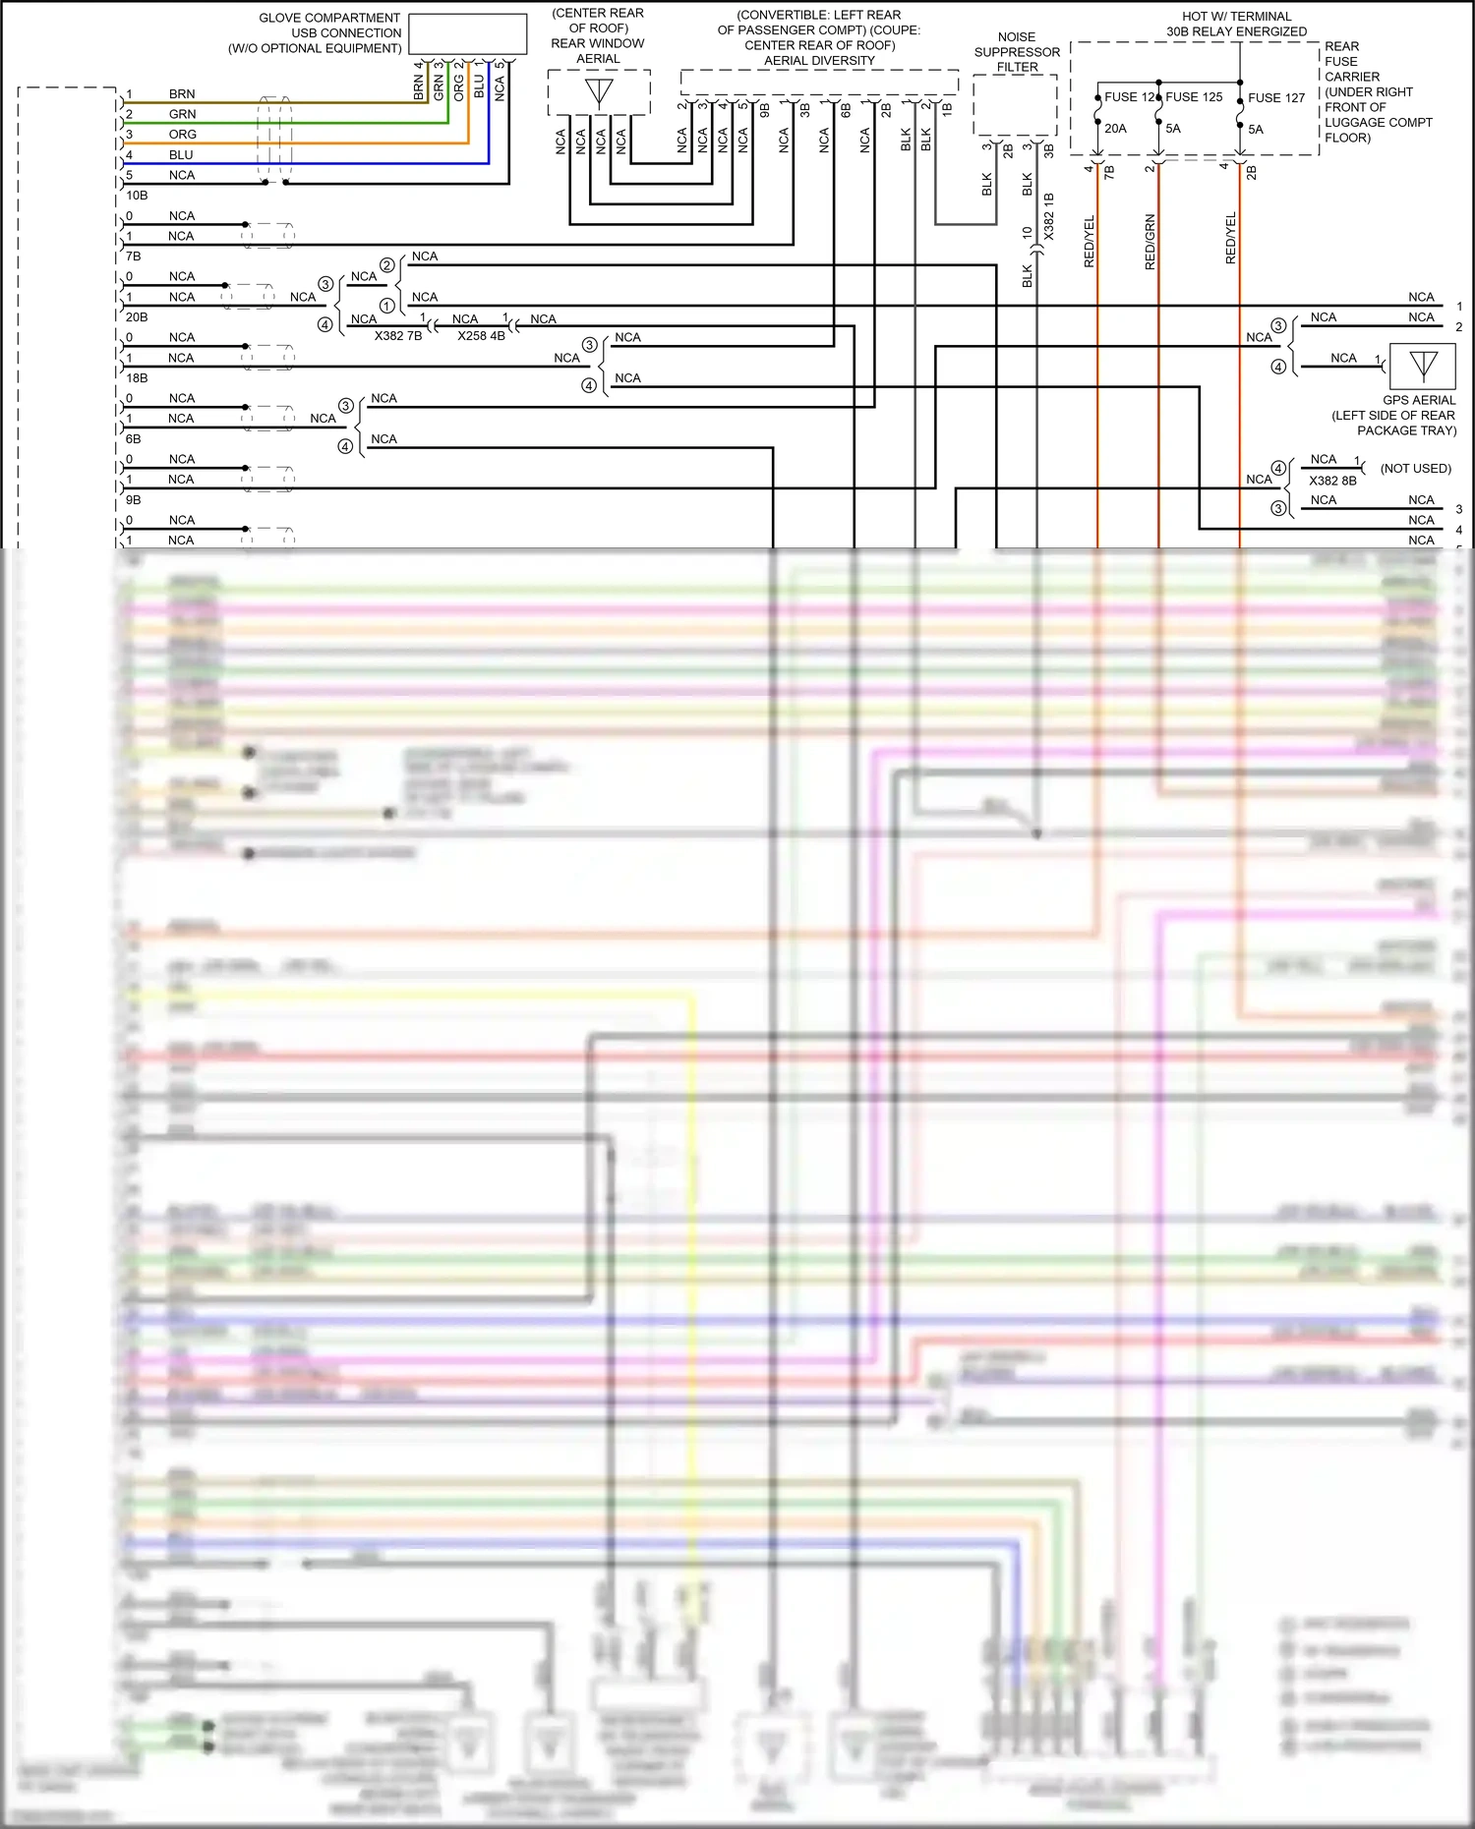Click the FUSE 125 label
click(x=1194, y=97)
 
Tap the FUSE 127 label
click(x=1276, y=98)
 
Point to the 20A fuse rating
click(x=1115, y=129)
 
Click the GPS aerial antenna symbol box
click(x=1423, y=367)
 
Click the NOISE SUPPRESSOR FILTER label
click(x=1017, y=52)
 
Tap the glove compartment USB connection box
click(x=467, y=33)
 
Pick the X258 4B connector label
click(x=481, y=336)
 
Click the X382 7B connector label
click(x=398, y=336)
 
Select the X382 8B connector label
click(x=1332, y=481)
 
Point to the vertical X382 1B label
click(x=1049, y=216)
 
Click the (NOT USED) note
click(x=1415, y=469)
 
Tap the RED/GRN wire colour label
click(x=1150, y=242)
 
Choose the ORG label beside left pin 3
click(x=182, y=135)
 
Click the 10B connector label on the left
click(x=137, y=196)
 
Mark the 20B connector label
click(x=137, y=317)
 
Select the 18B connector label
click(x=137, y=378)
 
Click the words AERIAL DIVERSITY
click(x=819, y=61)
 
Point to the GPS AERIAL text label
click(x=1419, y=400)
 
